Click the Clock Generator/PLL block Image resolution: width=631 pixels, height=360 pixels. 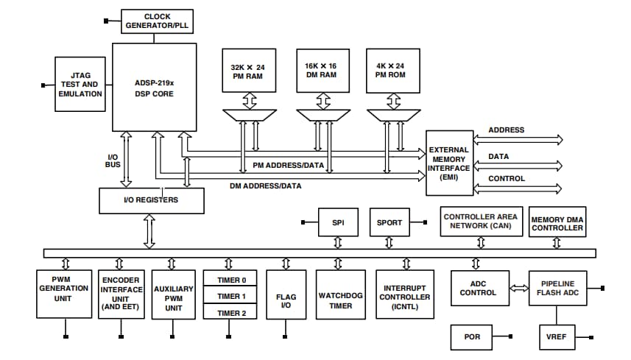[157, 21]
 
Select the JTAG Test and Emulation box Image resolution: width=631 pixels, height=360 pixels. [81, 84]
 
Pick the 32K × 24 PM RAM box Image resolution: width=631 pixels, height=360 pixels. [248, 71]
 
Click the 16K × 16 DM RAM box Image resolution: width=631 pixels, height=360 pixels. [321, 71]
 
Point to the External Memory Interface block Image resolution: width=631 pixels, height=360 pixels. [450, 163]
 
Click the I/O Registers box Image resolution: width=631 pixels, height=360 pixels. [150, 199]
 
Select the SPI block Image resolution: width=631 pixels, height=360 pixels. [339, 222]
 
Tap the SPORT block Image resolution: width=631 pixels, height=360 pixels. [389, 222]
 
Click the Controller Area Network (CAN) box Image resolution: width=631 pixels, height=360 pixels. [480, 222]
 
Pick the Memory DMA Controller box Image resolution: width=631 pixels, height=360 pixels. [557, 222]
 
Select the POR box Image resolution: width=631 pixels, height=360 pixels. [472, 337]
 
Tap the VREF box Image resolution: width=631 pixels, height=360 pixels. [556, 337]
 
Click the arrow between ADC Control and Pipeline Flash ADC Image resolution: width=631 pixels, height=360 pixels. [518, 288]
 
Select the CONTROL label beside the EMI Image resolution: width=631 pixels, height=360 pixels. [507, 178]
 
